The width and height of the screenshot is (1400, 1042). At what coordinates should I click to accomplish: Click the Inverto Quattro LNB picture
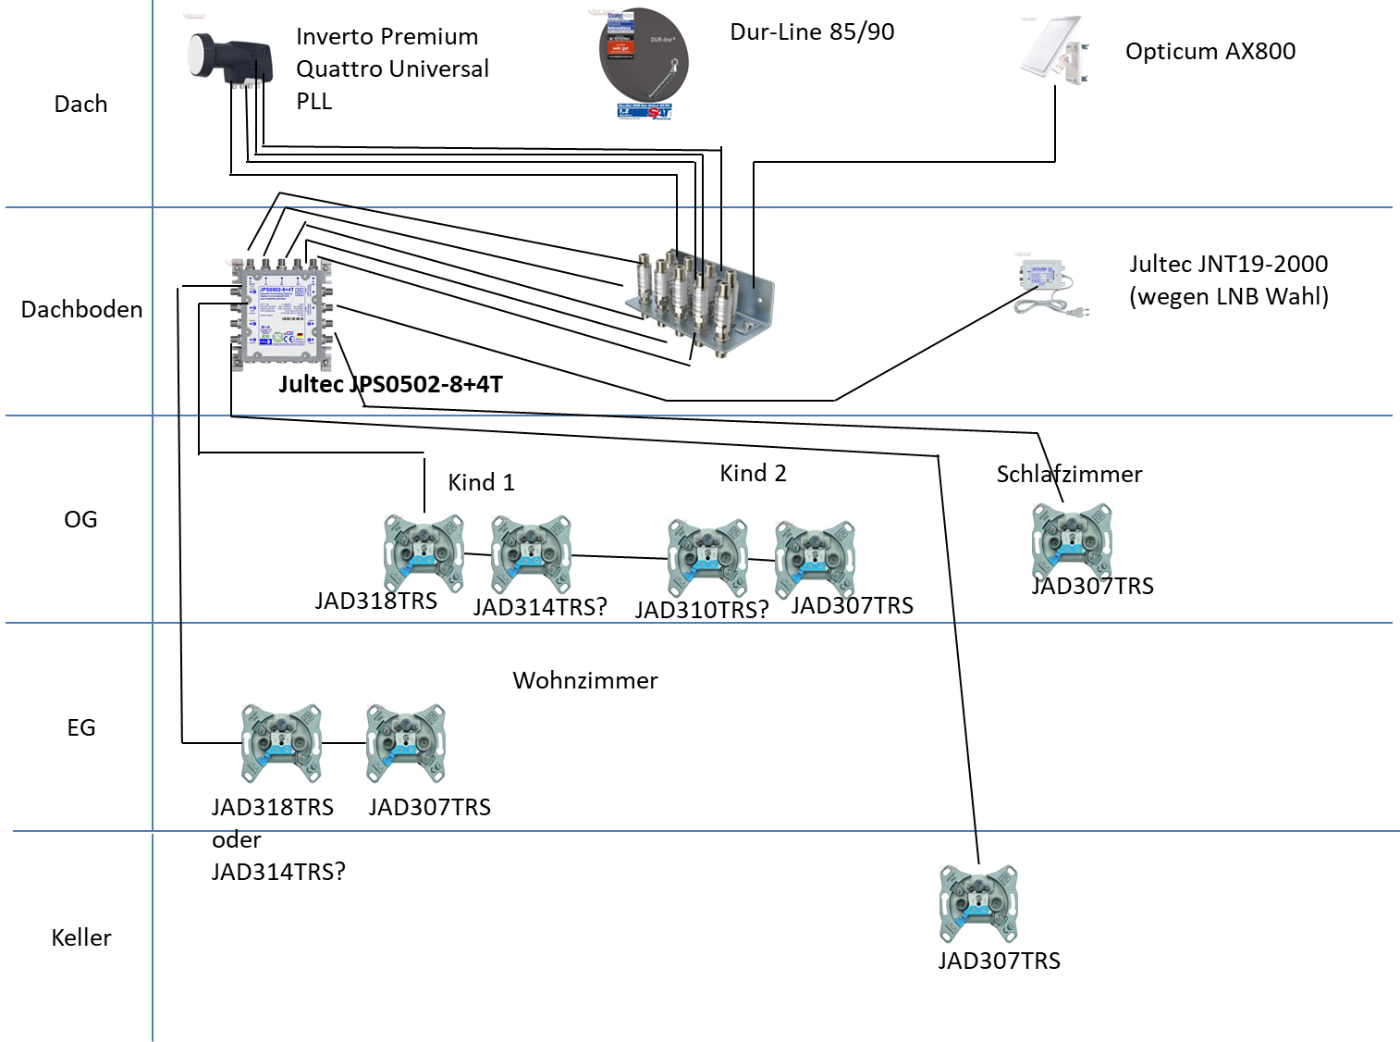(230, 61)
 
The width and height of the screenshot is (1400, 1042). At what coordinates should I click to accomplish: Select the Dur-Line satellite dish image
(644, 64)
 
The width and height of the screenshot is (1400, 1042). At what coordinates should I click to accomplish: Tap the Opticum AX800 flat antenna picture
(1054, 50)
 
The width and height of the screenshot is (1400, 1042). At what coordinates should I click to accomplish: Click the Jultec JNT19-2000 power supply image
(1050, 288)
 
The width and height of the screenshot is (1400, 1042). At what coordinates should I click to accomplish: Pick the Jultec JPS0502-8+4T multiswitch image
(281, 315)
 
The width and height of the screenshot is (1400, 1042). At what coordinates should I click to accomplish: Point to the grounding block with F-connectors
(698, 303)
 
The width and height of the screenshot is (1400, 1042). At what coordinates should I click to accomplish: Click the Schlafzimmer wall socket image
(1072, 542)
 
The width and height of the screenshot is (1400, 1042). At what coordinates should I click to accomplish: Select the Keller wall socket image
(978, 904)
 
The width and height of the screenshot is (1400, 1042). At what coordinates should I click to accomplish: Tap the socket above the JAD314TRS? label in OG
(531, 554)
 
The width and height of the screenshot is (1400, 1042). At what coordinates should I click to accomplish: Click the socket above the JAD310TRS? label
(707, 558)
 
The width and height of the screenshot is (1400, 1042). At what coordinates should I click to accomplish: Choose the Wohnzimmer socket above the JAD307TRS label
(406, 743)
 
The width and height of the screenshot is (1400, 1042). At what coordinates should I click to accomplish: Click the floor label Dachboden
(81, 309)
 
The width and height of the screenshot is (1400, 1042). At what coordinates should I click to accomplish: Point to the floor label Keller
(81, 937)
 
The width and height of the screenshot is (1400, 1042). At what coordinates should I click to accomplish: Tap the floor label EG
(81, 727)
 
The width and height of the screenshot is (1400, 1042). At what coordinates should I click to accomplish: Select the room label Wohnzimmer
(584, 680)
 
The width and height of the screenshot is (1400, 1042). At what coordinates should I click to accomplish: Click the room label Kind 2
(753, 473)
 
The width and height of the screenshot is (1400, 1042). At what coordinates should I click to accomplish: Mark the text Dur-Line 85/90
(812, 31)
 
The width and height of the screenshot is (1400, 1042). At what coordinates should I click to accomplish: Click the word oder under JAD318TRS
(237, 839)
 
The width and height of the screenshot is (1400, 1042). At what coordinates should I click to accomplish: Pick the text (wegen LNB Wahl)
(1228, 296)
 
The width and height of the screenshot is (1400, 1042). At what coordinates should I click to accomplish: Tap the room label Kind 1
(481, 482)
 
